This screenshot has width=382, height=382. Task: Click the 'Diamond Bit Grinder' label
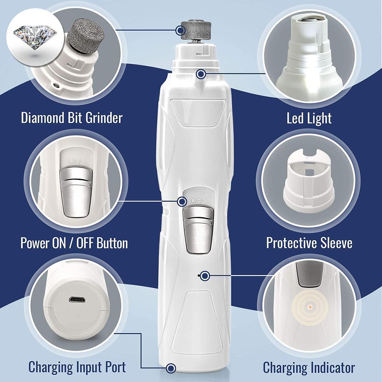[x=72, y=118]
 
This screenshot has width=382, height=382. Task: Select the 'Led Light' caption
[x=309, y=118]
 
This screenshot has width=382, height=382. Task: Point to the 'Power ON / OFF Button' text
[x=74, y=244]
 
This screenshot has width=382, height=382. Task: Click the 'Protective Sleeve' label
[x=309, y=243]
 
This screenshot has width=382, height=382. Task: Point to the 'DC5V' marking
[x=76, y=309]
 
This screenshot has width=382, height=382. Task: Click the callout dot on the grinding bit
[x=180, y=30]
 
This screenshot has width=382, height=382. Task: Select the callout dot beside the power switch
[x=182, y=201]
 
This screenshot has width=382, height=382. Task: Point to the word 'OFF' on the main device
[x=199, y=201]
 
